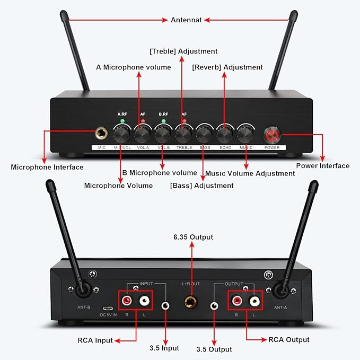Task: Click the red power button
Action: (x=272, y=134)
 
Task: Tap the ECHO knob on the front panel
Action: (x=225, y=133)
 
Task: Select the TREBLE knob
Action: (x=183, y=133)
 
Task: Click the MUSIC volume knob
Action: (x=245, y=133)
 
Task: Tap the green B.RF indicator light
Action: (x=163, y=121)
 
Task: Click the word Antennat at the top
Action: (x=186, y=20)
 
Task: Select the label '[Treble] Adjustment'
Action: (x=183, y=51)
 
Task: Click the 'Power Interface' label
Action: (x=322, y=166)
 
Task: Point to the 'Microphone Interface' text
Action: (x=47, y=167)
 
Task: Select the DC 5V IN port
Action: (x=108, y=308)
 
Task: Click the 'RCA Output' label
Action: (x=289, y=339)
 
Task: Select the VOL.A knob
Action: (x=142, y=133)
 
